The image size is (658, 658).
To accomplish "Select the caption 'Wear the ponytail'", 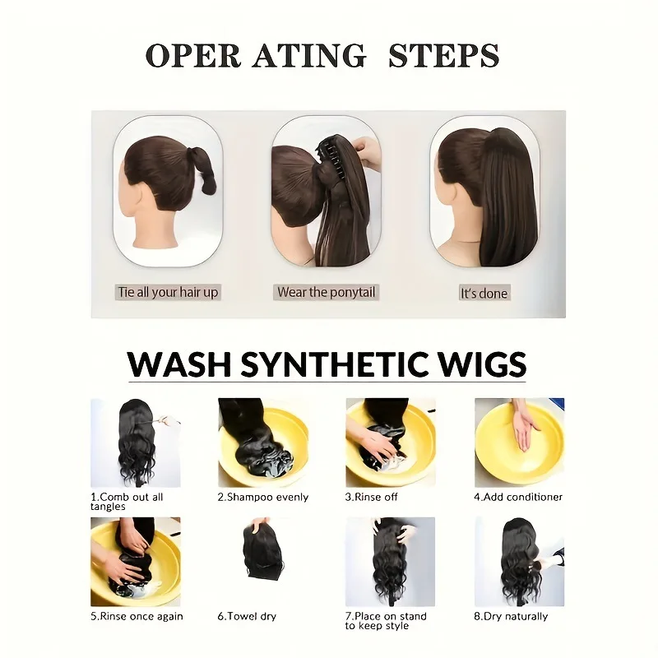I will pyautogui.click(x=326, y=292).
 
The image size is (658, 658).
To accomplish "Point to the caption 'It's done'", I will pyautogui.click(x=483, y=293).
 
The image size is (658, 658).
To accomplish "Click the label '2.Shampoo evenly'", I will pyautogui.click(x=262, y=498).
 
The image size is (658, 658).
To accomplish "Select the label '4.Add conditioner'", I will pyautogui.click(x=518, y=498).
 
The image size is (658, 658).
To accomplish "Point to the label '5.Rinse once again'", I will pyautogui.click(x=137, y=616).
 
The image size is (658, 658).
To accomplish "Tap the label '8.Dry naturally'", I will pyautogui.click(x=510, y=616).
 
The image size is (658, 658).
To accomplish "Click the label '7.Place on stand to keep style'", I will pyautogui.click(x=387, y=621).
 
